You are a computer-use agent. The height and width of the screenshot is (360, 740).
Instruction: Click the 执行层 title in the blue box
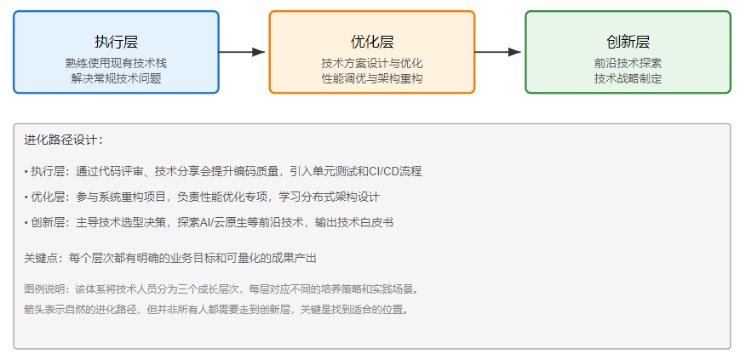pos(116,42)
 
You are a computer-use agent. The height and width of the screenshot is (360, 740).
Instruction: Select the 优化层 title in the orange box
pos(372,42)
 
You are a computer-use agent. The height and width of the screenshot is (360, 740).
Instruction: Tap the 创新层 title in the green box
pos(628,42)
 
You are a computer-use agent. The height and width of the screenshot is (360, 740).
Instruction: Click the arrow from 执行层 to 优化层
pos(244,52)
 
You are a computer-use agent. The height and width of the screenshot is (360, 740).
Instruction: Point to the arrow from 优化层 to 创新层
pos(499,52)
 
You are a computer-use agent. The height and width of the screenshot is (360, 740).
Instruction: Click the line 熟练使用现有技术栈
pos(116,63)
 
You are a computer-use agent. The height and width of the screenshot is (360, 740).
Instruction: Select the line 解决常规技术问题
pos(116,78)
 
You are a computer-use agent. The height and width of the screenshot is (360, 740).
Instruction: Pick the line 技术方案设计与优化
pos(372,63)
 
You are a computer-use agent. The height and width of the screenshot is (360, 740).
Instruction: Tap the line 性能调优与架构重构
pos(372,78)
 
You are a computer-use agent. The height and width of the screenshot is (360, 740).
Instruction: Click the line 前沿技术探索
pos(628,63)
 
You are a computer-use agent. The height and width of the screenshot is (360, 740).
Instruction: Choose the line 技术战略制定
pos(628,78)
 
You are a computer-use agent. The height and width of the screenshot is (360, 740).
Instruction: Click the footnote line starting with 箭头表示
pos(216,309)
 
